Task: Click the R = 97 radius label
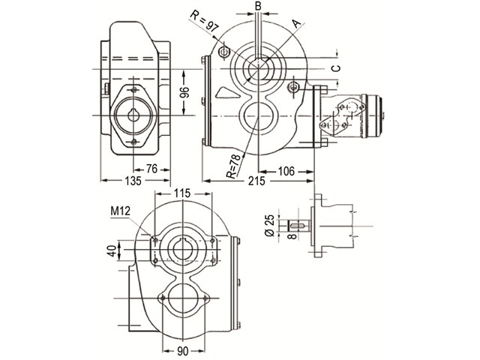tap(205, 21)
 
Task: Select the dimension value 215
tap(256, 181)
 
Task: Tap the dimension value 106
tap(286, 172)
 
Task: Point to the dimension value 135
tap(133, 181)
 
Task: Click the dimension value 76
tap(151, 169)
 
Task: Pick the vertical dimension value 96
tap(184, 92)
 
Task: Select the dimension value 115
tap(182, 193)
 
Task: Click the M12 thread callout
tap(120, 211)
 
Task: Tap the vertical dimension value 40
tap(113, 251)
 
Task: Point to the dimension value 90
tap(183, 351)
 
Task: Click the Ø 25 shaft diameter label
tap(269, 225)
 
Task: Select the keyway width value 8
tap(292, 236)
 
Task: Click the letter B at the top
tap(258, 7)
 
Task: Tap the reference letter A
tap(297, 23)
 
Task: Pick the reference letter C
tap(336, 68)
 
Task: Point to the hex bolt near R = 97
tap(223, 52)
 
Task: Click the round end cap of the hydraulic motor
tap(375, 115)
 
